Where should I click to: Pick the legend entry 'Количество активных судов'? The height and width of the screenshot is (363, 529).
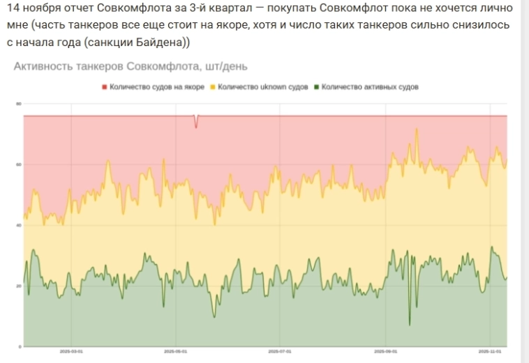pyautogui.click(x=370, y=87)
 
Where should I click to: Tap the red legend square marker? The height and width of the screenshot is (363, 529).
pyautogui.click(x=104, y=87)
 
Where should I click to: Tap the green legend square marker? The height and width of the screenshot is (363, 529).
pyautogui.click(x=317, y=87)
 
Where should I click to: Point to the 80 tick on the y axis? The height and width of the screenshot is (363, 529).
pyautogui.click(x=20, y=104)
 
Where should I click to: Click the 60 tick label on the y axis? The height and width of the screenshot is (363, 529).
pyautogui.click(x=20, y=164)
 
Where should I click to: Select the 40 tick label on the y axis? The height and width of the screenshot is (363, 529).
pyautogui.click(x=20, y=225)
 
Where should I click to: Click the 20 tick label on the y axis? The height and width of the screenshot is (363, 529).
pyautogui.click(x=20, y=286)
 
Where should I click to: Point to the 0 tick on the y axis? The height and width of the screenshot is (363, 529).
pyautogui.click(x=20, y=346)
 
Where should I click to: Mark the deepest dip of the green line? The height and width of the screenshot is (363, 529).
pyautogui.click(x=410, y=324)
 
